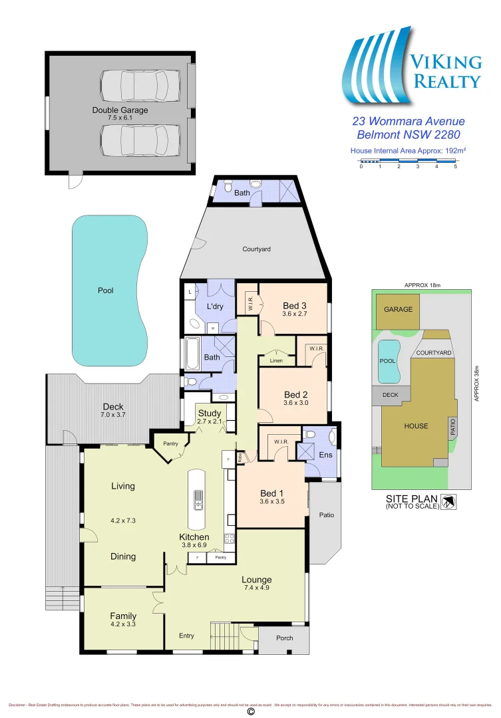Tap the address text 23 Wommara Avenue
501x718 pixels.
tap(408, 121)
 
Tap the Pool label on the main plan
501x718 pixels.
tap(105, 291)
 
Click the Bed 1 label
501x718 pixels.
tap(272, 493)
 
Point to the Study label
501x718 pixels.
tap(210, 414)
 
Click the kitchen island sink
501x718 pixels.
tap(198, 499)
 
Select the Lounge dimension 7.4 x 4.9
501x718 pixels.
tap(257, 588)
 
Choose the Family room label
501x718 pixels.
tap(123, 616)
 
